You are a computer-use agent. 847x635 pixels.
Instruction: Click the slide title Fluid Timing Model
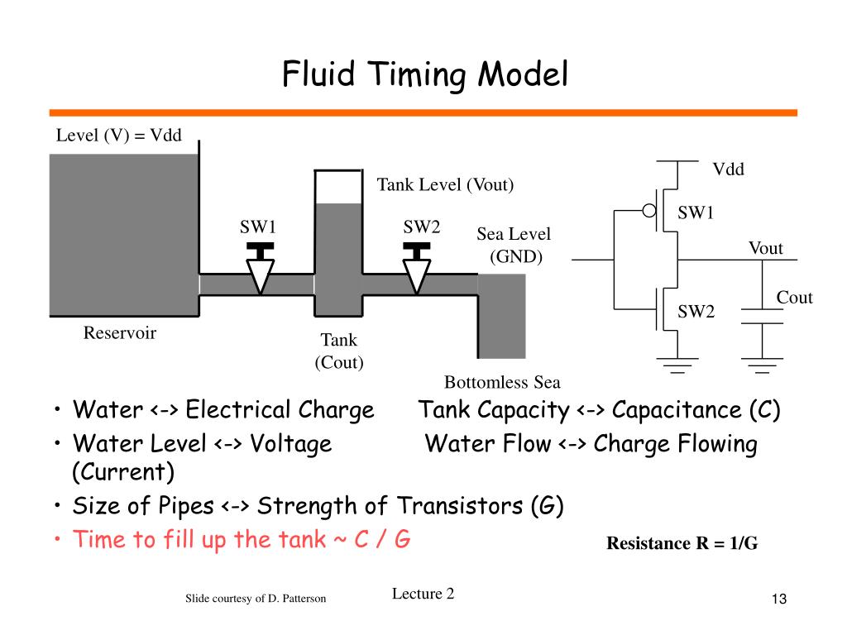coord(424,74)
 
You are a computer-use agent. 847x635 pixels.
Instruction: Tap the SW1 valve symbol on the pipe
coord(260,268)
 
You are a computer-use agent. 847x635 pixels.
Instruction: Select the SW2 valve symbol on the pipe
coord(417,268)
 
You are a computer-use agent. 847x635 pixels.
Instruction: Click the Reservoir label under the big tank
coord(120,332)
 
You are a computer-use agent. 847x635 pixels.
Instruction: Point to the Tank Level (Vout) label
coord(445,184)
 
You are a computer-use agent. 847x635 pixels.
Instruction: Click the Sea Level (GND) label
coord(514,245)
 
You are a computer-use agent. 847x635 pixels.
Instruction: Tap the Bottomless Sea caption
coord(502,382)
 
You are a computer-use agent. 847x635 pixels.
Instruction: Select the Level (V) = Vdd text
coord(119,135)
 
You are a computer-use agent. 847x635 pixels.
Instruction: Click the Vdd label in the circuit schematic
coord(728,169)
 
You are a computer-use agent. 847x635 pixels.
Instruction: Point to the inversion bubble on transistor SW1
coord(649,211)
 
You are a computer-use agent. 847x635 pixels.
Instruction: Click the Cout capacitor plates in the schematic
coord(762,317)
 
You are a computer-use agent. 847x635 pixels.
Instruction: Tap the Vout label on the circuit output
coord(765,248)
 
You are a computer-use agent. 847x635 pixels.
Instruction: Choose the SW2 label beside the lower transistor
coord(696,312)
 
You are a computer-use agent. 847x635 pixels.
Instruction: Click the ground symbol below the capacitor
coord(762,365)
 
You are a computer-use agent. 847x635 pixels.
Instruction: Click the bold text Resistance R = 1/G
coord(682,542)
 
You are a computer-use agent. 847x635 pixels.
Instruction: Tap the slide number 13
coord(779,599)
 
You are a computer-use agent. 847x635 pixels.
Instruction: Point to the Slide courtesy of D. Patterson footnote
coord(256,599)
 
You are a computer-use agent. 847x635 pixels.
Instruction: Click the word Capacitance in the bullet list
coord(677,410)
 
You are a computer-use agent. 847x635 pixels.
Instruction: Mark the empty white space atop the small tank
coord(338,188)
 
